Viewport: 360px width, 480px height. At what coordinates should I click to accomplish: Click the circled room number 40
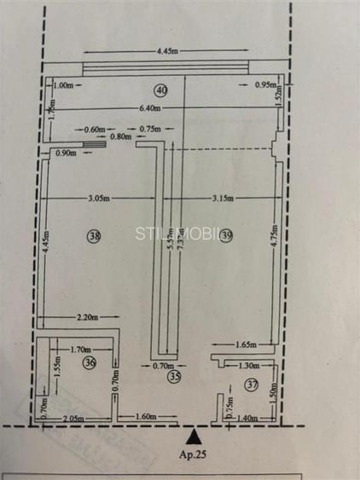pyautogui.click(x=160, y=89)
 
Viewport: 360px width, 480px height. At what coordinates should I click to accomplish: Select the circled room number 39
pyautogui.click(x=226, y=236)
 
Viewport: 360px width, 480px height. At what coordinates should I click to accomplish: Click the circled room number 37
pyautogui.click(x=250, y=385)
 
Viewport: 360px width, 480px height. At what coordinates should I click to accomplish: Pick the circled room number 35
pyautogui.click(x=174, y=375)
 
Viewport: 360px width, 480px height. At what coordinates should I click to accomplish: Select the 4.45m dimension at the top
pyautogui.click(x=167, y=50)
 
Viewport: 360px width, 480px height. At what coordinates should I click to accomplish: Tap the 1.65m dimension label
pyautogui.click(x=246, y=344)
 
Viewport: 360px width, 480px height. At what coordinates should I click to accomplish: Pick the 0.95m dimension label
pyautogui.click(x=265, y=85)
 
